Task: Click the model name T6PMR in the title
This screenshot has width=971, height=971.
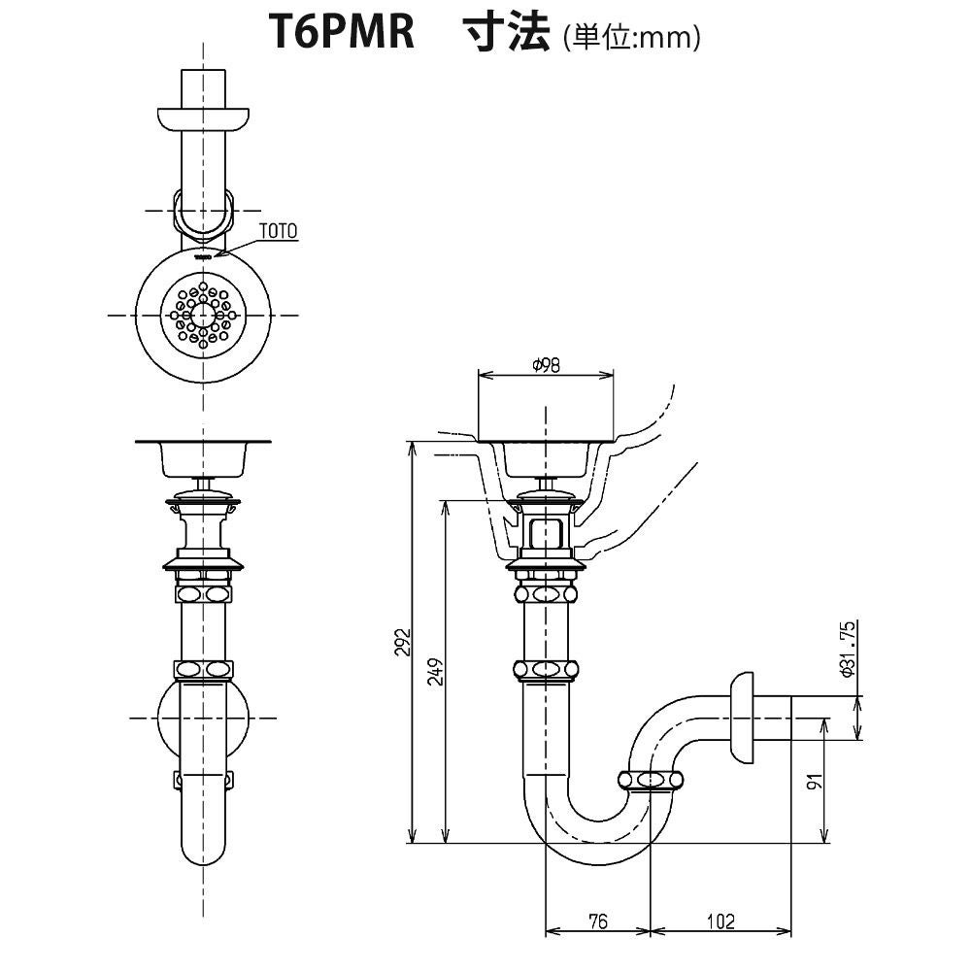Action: [341, 35]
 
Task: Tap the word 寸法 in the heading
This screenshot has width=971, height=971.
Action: [504, 35]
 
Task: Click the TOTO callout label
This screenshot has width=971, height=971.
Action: [279, 231]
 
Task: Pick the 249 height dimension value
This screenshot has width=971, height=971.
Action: [435, 672]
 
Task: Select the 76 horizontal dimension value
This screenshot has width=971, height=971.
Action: [597, 921]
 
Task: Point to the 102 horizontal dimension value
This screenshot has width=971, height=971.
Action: [720, 921]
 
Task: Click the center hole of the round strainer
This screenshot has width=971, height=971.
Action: [203, 315]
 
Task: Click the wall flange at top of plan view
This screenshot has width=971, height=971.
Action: [203, 118]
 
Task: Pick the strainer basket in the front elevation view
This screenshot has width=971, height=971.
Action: [203, 459]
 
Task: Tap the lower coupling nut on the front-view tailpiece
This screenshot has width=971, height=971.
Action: [203, 670]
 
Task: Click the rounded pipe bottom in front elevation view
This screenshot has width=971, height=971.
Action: [203, 851]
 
